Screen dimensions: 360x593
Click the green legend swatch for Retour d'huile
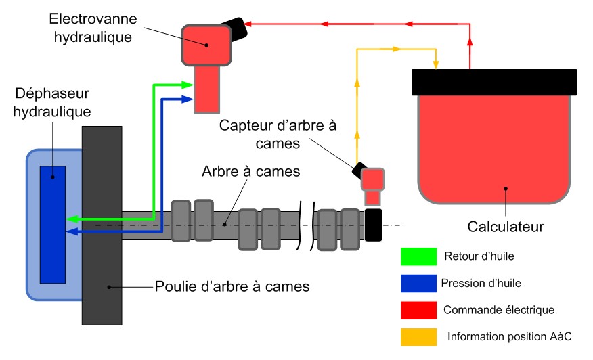point(417,256)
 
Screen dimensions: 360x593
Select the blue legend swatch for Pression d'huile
point(417,283)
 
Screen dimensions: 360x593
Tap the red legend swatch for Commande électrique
point(417,309)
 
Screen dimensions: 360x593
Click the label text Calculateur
point(506,224)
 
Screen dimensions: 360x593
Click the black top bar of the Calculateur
point(494,81)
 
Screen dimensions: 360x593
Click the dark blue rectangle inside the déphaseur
point(53,224)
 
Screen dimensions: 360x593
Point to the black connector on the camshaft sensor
point(358,171)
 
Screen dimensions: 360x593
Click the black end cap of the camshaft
point(373,224)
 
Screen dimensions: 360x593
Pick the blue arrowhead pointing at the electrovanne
point(188,99)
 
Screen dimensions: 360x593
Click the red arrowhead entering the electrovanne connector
point(250,24)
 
